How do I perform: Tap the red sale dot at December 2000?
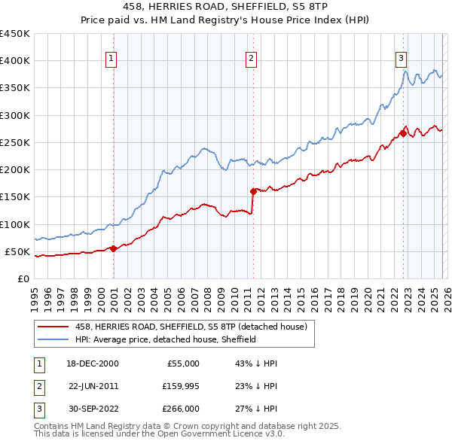pos(114,248)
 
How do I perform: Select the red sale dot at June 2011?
pos(253,191)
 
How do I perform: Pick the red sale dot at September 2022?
pos(403,134)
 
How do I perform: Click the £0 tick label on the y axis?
pos(23,278)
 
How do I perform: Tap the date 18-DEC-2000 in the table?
pos(93,363)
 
